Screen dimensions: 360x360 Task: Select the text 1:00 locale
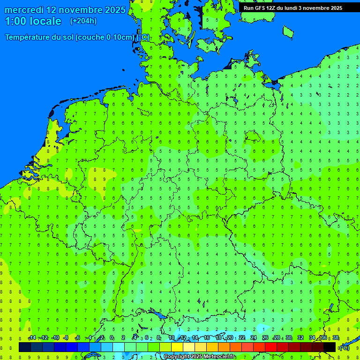point(33,21)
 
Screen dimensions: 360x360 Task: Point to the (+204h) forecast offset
point(83,21)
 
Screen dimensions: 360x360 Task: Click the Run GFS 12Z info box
point(293,8)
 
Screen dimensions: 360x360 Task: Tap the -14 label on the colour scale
point(32,338)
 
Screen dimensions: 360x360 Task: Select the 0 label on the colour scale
point(112,338)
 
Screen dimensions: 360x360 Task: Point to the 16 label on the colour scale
point(207,338)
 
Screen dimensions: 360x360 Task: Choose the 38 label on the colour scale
point(336,338)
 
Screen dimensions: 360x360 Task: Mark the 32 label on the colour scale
point(300,338)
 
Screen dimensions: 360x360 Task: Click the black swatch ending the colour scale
point(330,347)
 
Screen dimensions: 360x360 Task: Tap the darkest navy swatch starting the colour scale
point(25,347)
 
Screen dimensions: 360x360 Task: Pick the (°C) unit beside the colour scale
point(345,347)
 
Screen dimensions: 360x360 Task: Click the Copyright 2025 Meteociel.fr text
point(199,357)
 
